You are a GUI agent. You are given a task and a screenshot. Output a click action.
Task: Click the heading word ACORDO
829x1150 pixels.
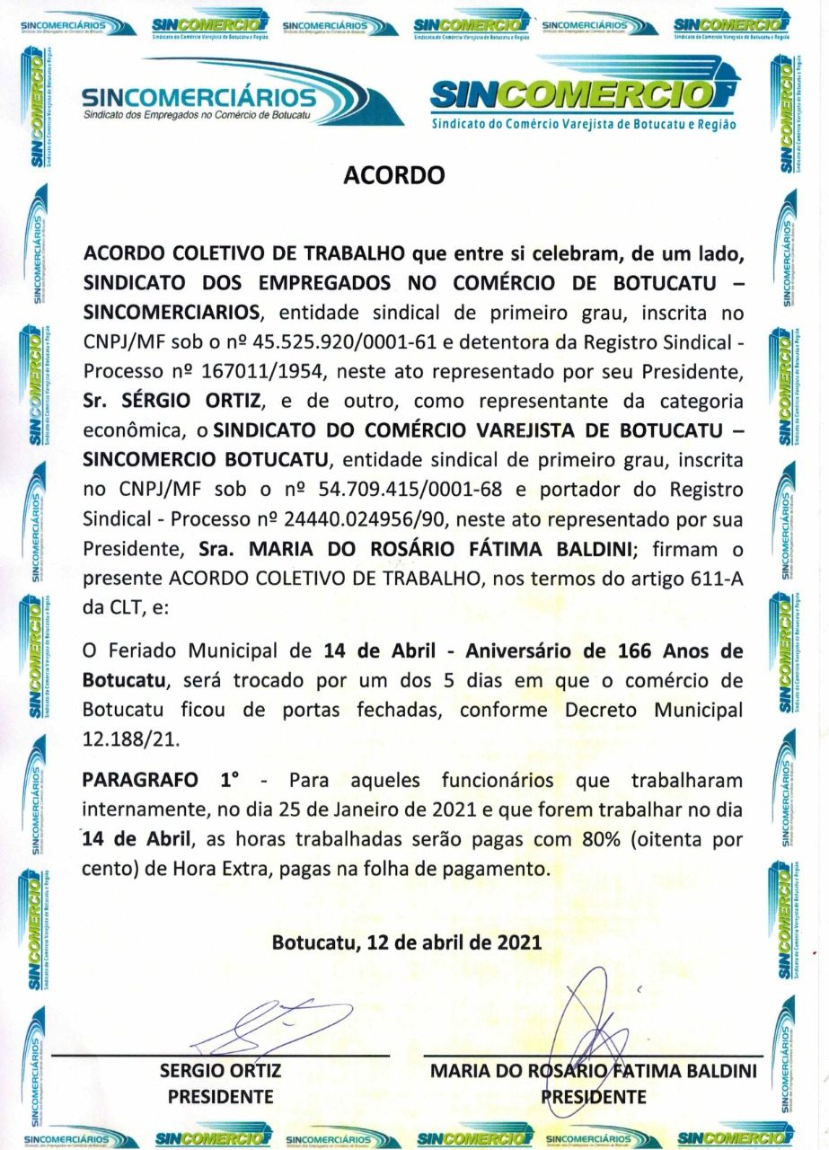click(394, 175)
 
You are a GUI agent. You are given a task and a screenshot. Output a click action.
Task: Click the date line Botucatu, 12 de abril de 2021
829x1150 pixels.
click(406, 943)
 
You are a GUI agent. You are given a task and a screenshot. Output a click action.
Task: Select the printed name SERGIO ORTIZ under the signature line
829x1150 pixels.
click(220, 1070)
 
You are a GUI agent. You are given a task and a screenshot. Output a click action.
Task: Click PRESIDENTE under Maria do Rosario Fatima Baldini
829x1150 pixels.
click(592, 1096)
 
